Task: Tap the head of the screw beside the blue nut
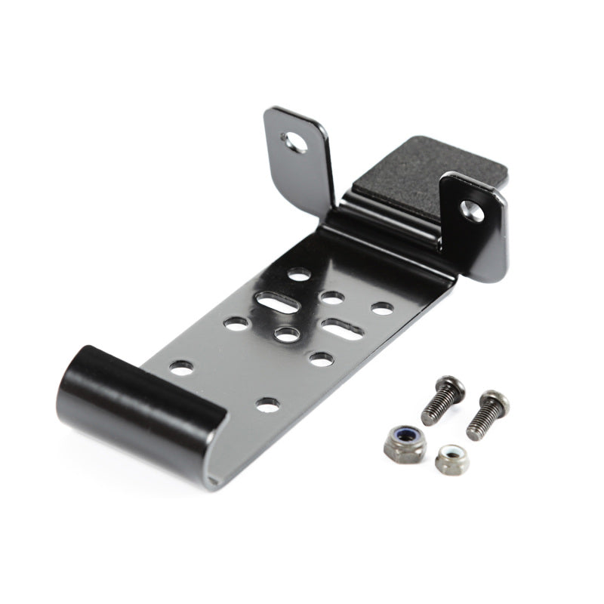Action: click(451, 387)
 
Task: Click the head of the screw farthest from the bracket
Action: click(495, 402)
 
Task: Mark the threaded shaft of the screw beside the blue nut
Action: click(435, 408)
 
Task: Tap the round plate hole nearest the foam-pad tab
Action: click(382, 308)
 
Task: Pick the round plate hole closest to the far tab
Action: click(300, 276)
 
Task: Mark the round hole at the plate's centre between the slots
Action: click(285, 333)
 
